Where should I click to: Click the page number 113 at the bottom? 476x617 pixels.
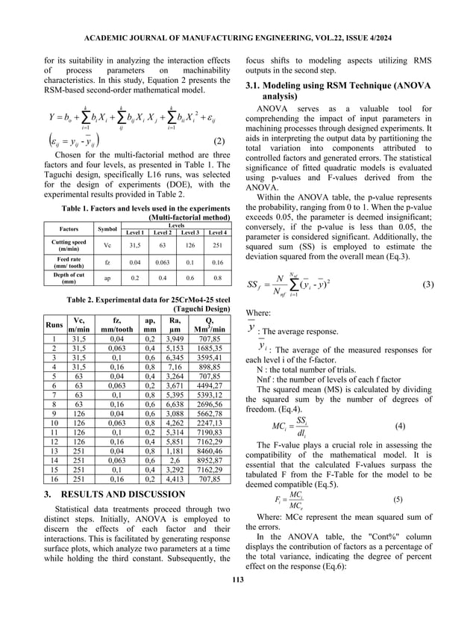[x=238, y=602]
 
